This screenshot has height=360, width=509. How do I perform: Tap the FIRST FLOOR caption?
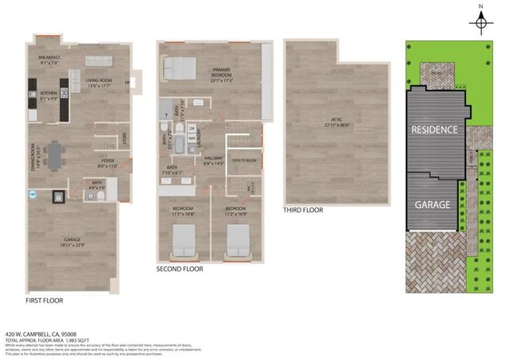[x=44, y=301]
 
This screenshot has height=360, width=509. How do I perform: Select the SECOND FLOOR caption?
[x=180, y=269]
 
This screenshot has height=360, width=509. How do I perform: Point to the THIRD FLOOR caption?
[x=304, y=211]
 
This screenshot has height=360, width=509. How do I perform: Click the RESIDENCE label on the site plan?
[x=433, y=129]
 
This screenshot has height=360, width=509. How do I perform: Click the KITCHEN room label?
[x=49, y=93]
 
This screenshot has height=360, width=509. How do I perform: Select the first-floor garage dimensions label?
[x=76, y=243]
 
